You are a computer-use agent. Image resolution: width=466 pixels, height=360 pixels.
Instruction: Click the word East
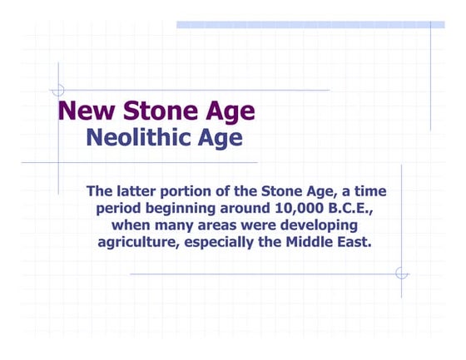click(x=351, y=242)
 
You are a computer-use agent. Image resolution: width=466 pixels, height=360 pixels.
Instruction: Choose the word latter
click(x=139, y=191)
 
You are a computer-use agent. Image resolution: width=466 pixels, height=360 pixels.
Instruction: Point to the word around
click(x=242, y=208)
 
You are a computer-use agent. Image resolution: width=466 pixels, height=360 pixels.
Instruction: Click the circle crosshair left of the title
click(x=57, y=90)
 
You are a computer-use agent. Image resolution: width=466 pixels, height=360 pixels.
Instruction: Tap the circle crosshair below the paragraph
click(x=401, y=273)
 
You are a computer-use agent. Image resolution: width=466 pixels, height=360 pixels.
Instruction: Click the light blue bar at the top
click(x=308, y=25)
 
